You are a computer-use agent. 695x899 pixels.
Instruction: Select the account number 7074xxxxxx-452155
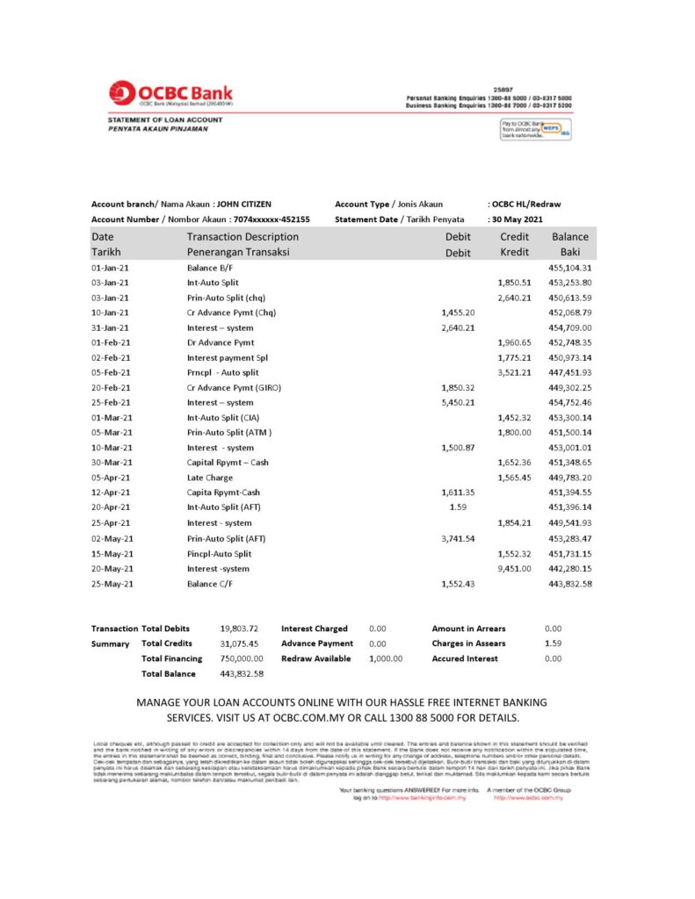pos(271,219)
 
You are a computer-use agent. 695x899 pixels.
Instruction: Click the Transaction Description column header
pos(243,237)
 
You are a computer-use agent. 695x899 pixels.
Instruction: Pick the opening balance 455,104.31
pos(569,268)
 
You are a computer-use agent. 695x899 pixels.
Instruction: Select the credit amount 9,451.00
pos(515,568)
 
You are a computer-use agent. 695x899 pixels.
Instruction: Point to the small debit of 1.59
pos(457,507)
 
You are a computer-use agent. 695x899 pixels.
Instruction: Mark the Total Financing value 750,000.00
pos(241,658)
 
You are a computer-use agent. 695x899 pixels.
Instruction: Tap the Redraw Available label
pos(315,658)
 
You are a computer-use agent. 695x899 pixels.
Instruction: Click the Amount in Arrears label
pos(468,629)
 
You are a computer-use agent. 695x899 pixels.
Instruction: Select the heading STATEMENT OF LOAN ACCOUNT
pos(165,119)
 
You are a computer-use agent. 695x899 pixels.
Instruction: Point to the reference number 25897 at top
pos(503,89)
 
